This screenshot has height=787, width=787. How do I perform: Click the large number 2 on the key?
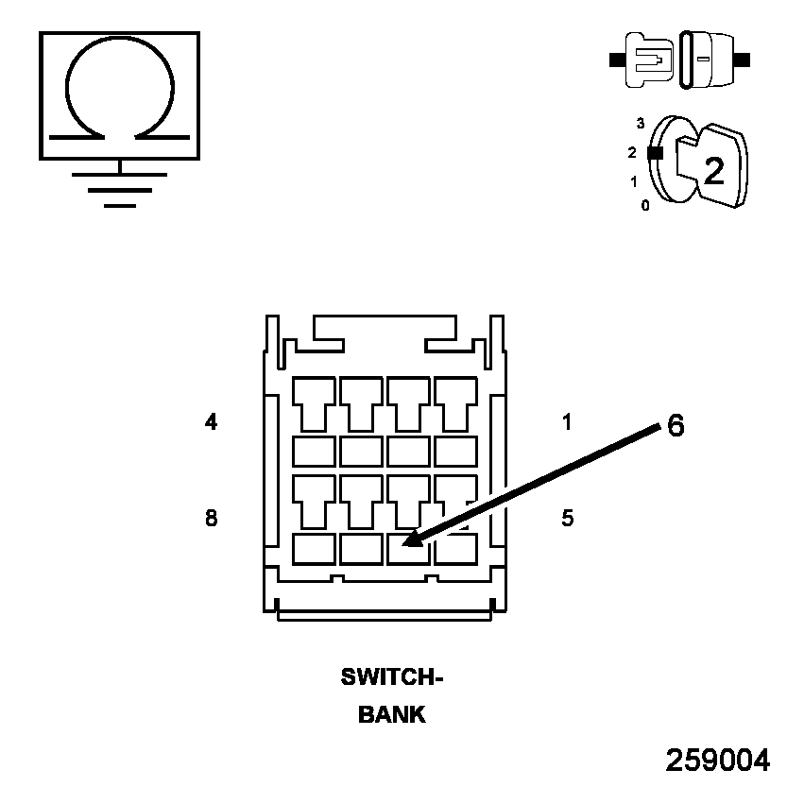714,170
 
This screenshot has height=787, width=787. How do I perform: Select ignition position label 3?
641,123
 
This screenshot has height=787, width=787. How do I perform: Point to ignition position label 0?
645,205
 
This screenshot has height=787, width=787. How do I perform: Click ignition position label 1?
634,181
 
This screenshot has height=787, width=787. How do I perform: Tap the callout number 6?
675,426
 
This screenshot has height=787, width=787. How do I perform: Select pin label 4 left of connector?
211,422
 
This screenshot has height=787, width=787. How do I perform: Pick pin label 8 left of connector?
211,518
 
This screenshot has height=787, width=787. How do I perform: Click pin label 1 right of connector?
567,422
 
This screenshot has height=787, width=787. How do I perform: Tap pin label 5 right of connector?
567,518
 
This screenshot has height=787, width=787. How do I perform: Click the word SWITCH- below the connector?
392,677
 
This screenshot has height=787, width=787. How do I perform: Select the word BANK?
392,715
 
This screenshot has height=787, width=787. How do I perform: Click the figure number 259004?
718,761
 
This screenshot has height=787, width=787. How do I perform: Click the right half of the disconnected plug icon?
710,59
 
